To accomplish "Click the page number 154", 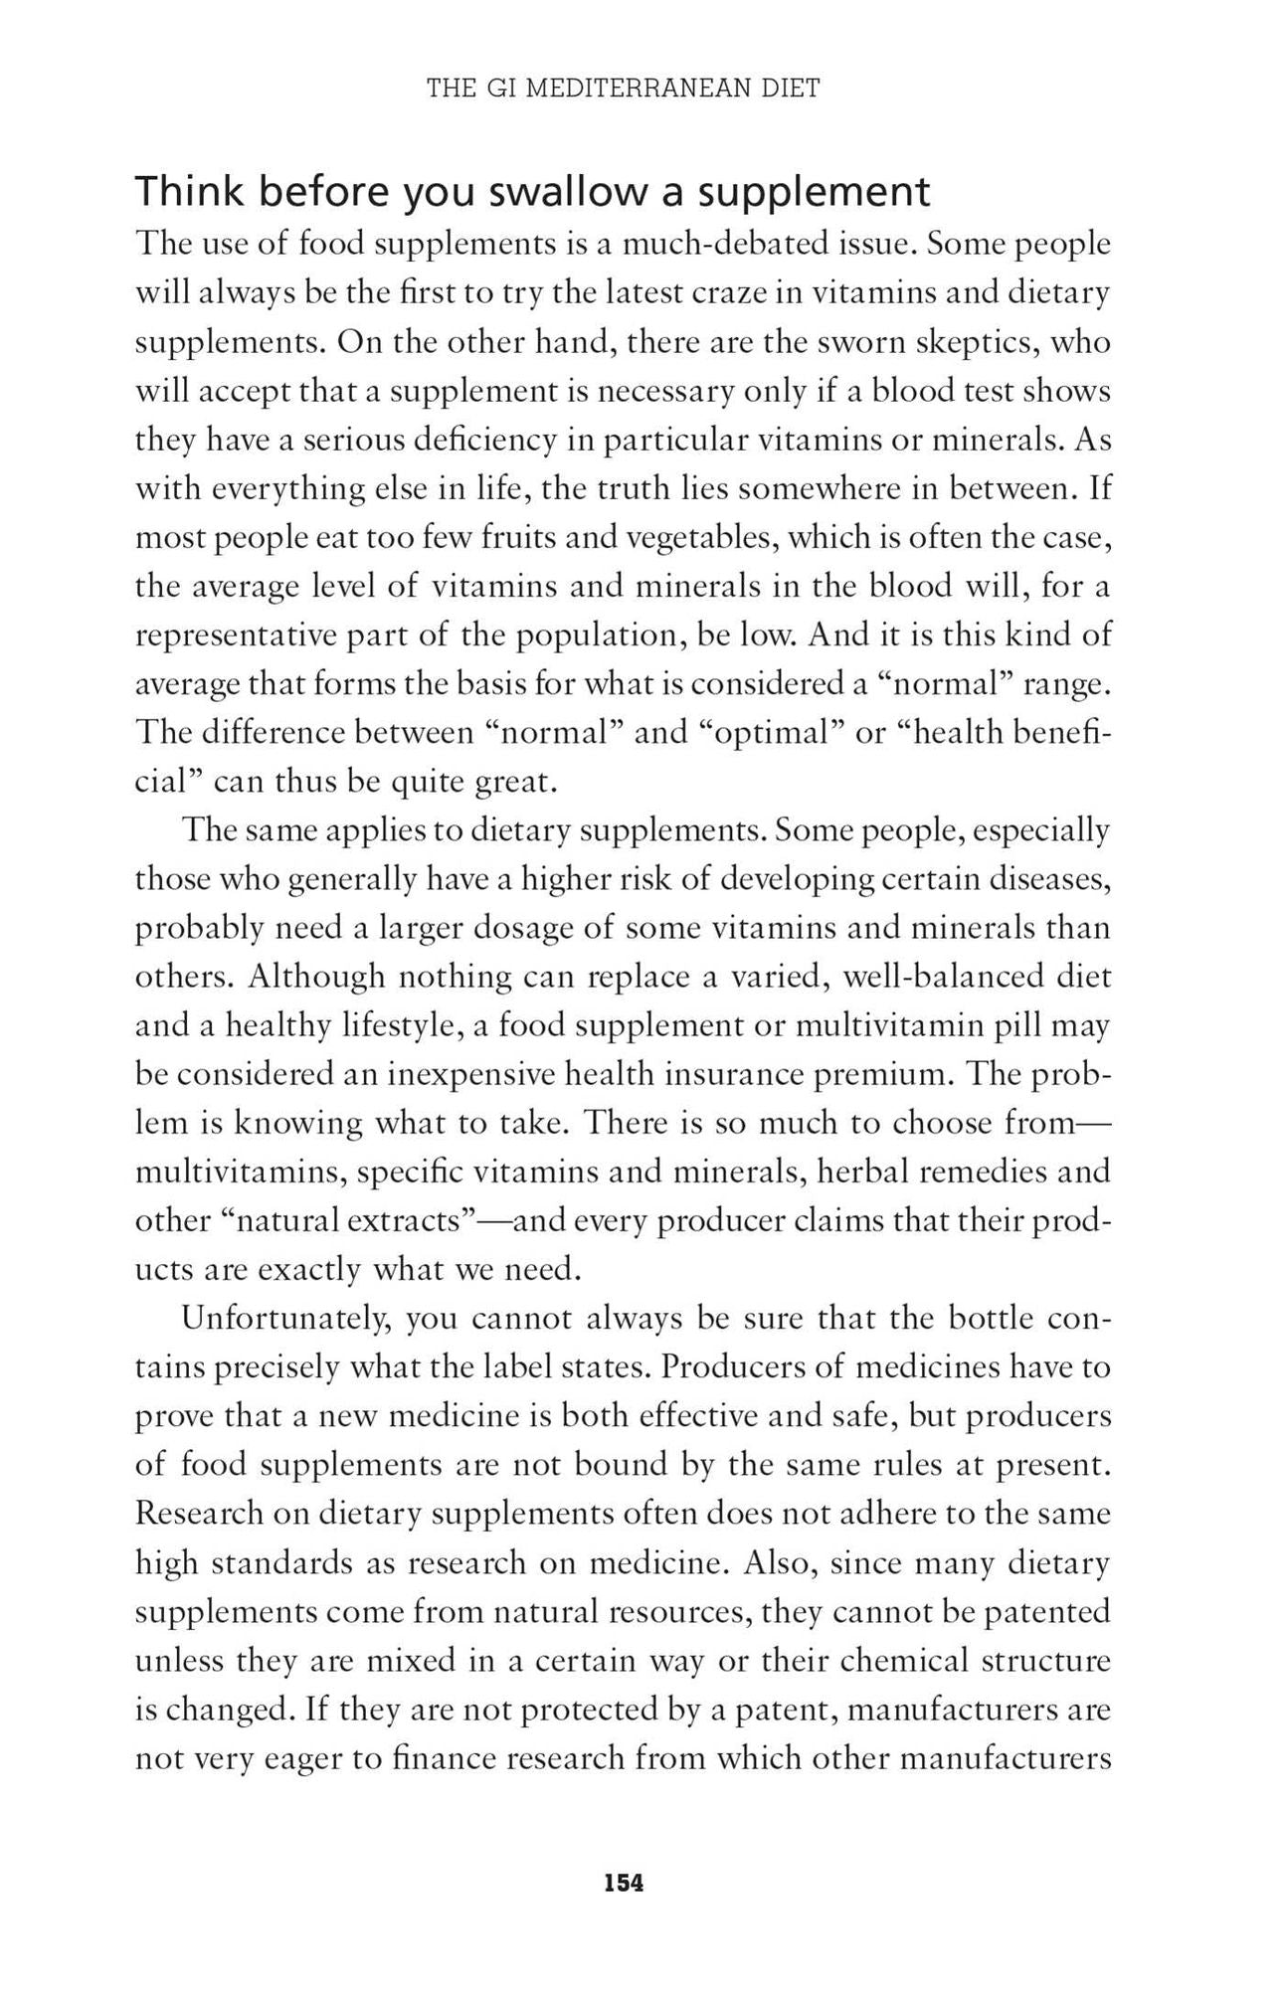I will coord(624,1883).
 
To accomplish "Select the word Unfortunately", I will coord(279,1319).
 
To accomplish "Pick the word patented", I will coord(1046,1611).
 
